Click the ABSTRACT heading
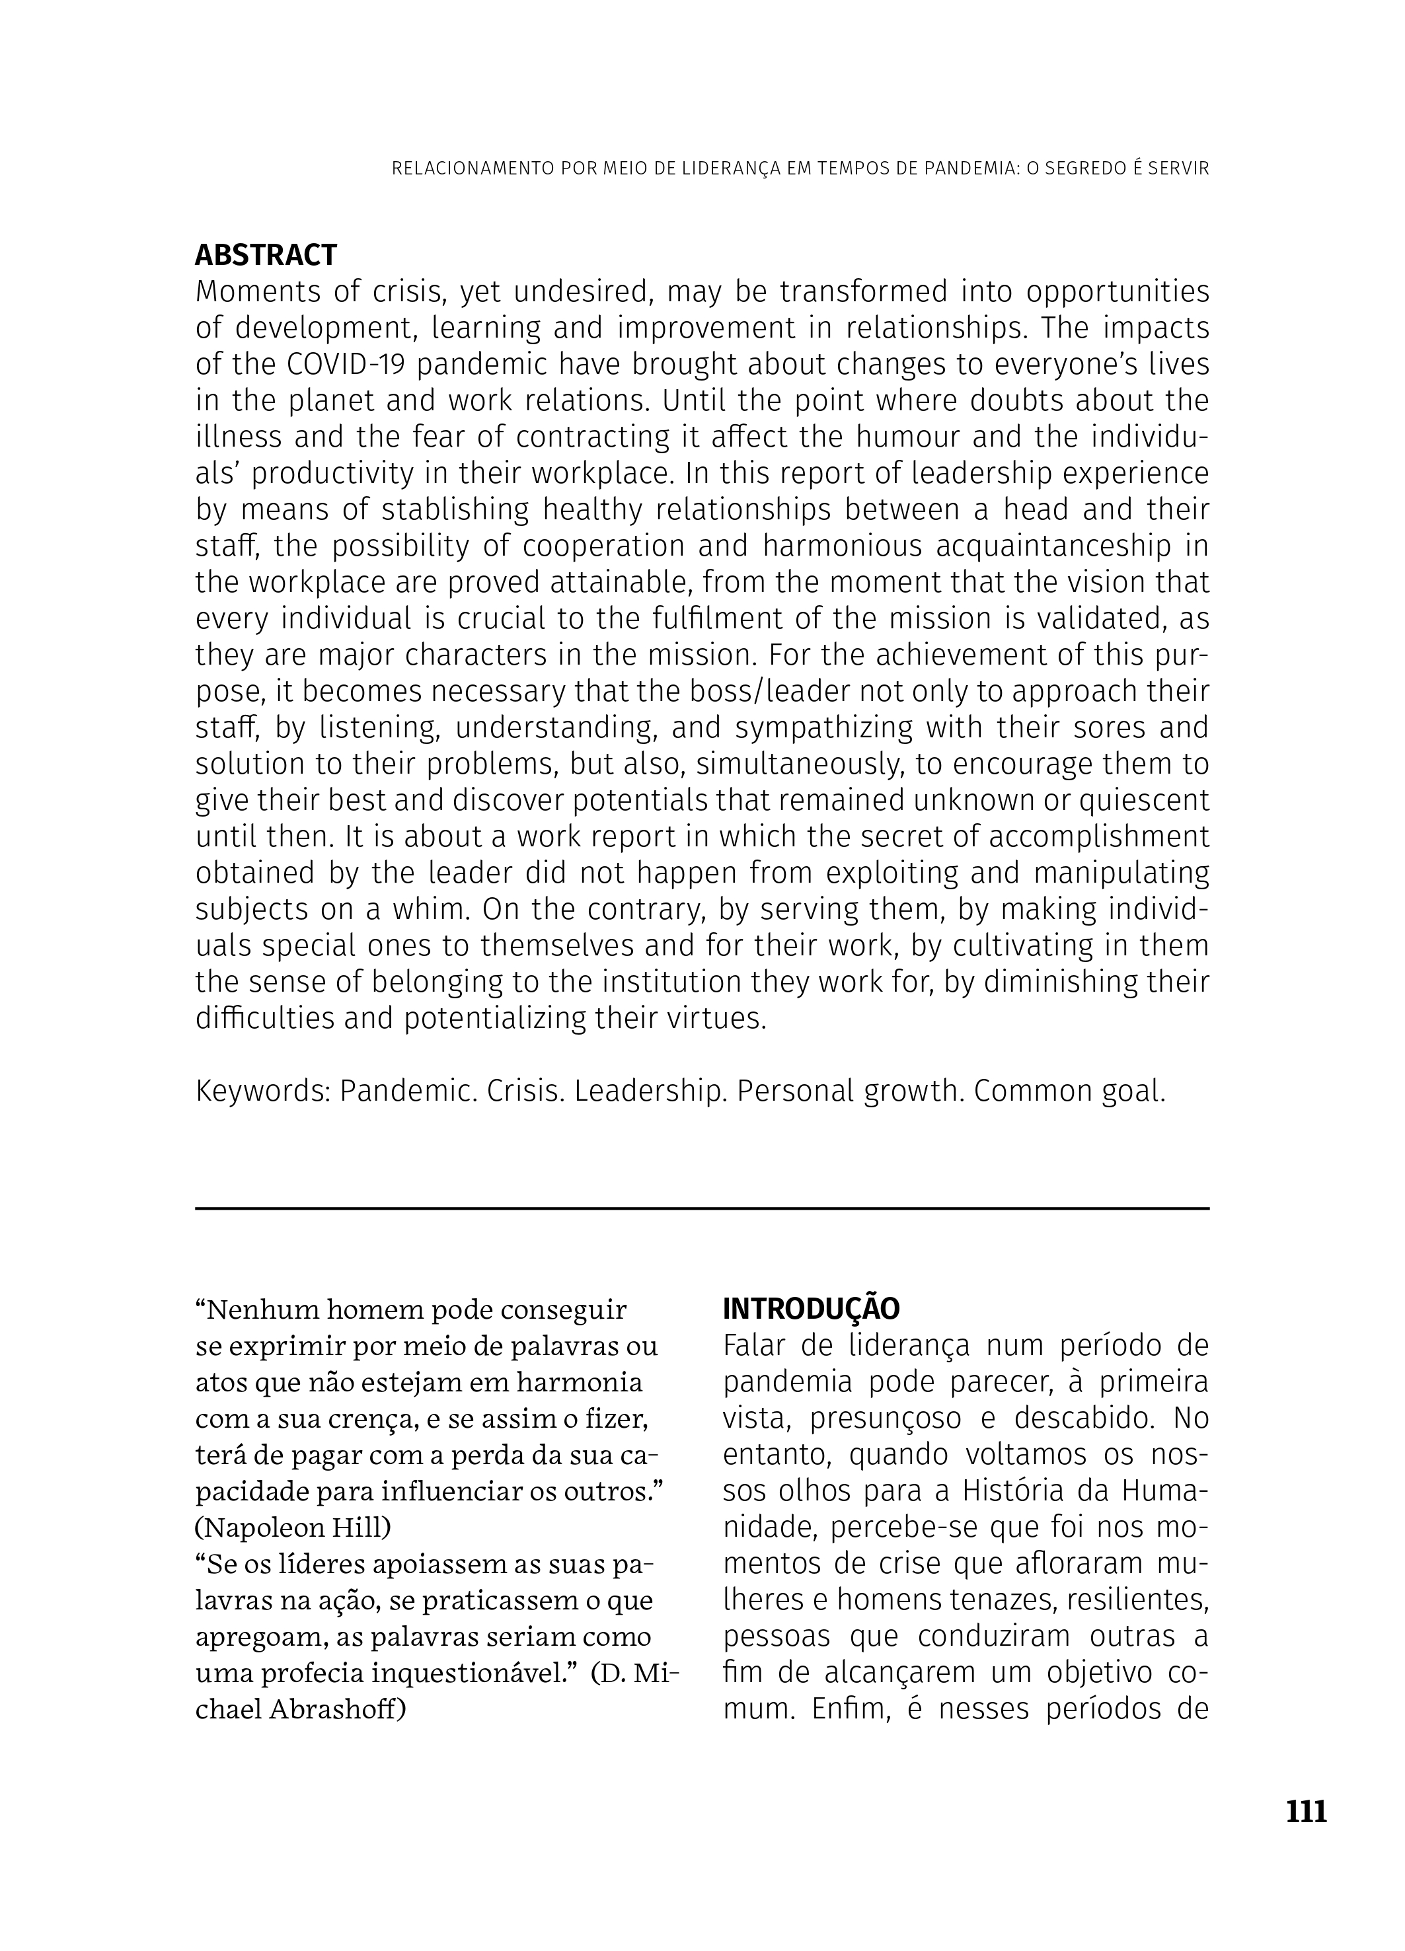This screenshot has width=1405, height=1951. click(x=266, y=256)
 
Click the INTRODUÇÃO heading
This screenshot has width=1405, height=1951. click(x=810, y=1308)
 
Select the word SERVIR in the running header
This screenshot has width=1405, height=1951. click(x=1179, y=168)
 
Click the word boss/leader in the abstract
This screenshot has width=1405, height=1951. click(x=741, y=692)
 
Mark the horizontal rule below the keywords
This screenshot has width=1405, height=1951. click(x=702, y=1208)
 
